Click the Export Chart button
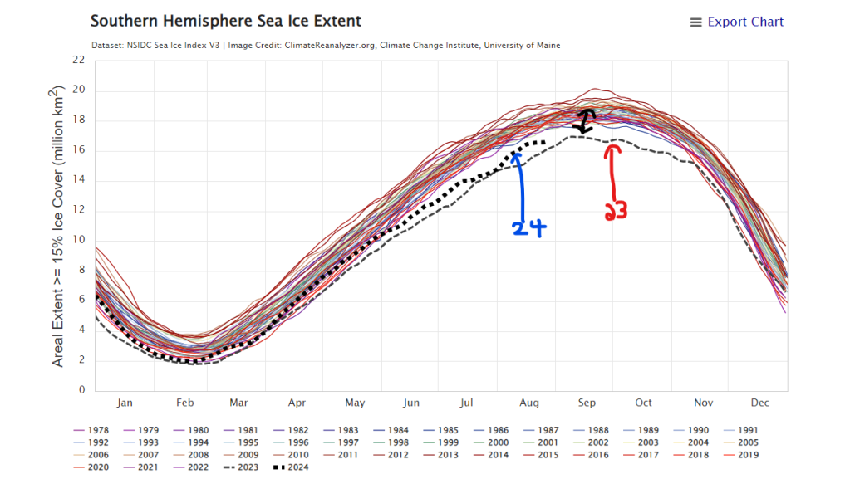tap(737, 22)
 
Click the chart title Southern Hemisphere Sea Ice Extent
tap(226, 21)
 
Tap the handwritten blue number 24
tap(528, 228)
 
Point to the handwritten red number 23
tap(615, 212)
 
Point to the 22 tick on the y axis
tap(79, 60)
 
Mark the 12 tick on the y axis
tap(79, 210)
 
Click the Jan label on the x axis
tap(125, 403)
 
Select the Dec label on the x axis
tap(759, 403)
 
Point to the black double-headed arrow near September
tap(586, 121)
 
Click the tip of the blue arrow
tap(517, 151)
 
